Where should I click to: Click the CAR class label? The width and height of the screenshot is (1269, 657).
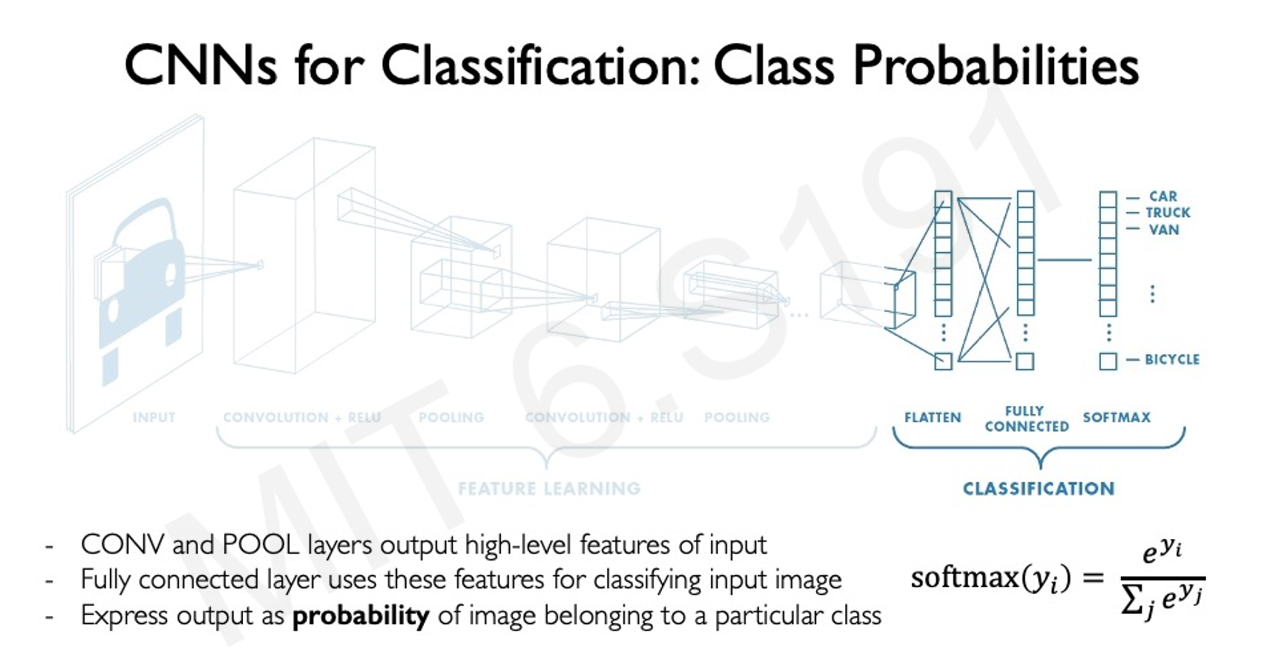tap(1163, 196)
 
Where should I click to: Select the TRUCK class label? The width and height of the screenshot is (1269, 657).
tap(1168, 213)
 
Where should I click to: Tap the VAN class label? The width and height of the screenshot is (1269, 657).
tap(1164, 230)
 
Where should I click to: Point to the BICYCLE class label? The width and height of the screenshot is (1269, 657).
tap(1172, 360)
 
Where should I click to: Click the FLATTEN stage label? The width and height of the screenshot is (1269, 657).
tap(933, 417)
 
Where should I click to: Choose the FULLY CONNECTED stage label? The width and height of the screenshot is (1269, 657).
tap(1026, 418)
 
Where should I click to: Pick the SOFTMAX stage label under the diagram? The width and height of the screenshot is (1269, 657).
tap(1117, 417)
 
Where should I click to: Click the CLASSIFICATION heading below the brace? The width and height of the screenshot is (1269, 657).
tap(1038, 489)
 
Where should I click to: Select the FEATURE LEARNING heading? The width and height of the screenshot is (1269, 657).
tap(549, 489)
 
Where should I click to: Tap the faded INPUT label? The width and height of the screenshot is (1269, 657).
tap(154, 417)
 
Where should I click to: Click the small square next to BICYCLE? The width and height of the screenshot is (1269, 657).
tap(1108, 361)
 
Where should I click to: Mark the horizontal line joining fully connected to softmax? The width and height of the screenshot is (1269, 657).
tap(1064, 260)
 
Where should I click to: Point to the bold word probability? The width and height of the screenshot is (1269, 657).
tap(361, 615)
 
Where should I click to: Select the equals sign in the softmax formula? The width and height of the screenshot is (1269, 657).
tap(1092, 578)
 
